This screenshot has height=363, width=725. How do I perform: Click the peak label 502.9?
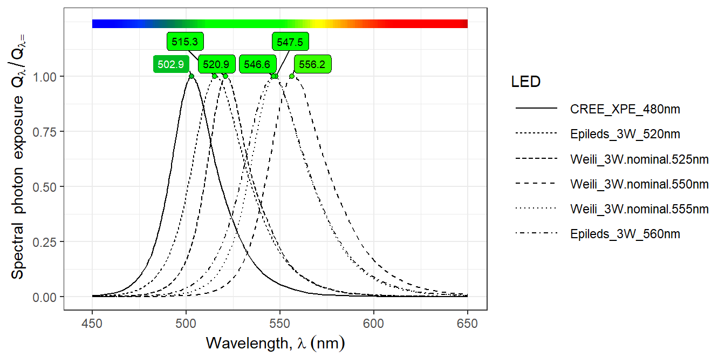tap(171, 65)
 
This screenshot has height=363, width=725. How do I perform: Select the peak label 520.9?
tap(216, 65)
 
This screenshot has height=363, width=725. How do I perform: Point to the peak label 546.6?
tap(257, 65)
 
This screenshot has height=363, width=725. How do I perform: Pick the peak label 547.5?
tap(290, 42)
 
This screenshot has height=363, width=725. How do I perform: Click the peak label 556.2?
tap(312, 65)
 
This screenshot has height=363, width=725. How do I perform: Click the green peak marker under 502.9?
tap(191, 76)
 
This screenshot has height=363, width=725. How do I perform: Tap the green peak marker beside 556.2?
tap(292, 76)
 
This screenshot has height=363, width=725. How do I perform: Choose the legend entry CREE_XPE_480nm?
tap(625, 109)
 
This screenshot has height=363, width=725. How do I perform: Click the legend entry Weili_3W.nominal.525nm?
tap(639, 159)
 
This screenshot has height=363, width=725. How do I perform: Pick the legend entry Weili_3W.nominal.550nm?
tap(639, 184)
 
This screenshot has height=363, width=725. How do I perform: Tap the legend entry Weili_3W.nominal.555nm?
tap(639, 209)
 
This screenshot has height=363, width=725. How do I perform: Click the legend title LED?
tap(526, 82)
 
